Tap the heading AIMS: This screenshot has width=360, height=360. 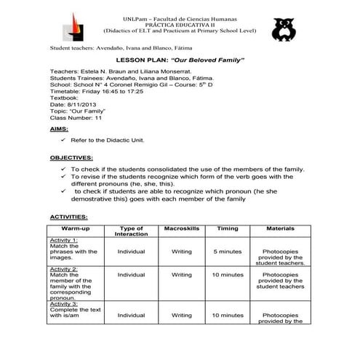pos(60,128)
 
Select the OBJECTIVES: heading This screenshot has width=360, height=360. pos(71,158)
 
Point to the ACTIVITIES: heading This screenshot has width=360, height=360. pos(69,217)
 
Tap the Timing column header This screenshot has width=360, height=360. pos(228,229)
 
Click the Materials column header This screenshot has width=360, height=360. pos(280,229)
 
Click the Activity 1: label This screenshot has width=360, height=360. pos(65,239)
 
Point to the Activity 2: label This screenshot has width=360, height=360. pos(65,269)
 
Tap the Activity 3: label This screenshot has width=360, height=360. pos(65,303)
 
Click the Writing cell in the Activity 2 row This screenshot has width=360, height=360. pos(181,276)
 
